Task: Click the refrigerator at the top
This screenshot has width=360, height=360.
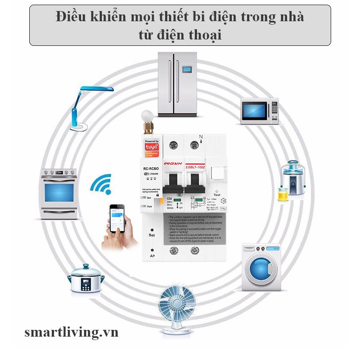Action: [x=177, y=84]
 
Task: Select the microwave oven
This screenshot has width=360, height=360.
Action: [x=259, y=111]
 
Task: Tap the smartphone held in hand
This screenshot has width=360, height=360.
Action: [x=118, y=218]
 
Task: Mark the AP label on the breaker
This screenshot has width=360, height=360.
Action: [x=152, y=256]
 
